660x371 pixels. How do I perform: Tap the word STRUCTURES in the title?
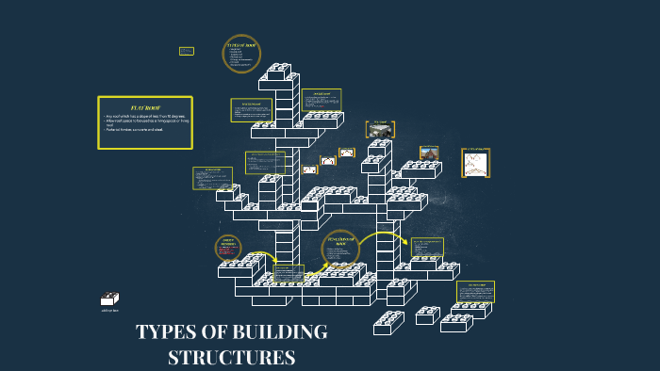(x=231, y=358)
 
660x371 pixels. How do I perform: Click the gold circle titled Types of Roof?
(x=240, y=54)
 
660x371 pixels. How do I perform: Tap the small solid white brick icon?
(x=110, y=298)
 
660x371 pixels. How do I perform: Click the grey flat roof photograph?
(x=380, y=130)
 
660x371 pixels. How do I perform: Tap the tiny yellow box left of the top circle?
(x=187, y=51)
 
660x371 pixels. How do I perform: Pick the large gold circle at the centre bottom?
(x=338, y=247)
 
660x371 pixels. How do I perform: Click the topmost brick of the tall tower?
(x=279, y=70)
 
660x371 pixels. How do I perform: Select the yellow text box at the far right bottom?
(x=475, y=291)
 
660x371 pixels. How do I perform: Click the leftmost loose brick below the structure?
(x=388, y=323)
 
